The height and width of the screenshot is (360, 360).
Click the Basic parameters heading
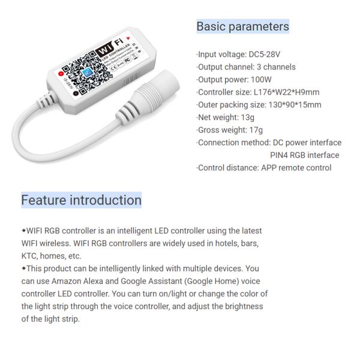coord(242,26)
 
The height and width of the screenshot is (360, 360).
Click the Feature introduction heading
coord(81,200)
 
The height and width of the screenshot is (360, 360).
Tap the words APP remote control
coord(295,168)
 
